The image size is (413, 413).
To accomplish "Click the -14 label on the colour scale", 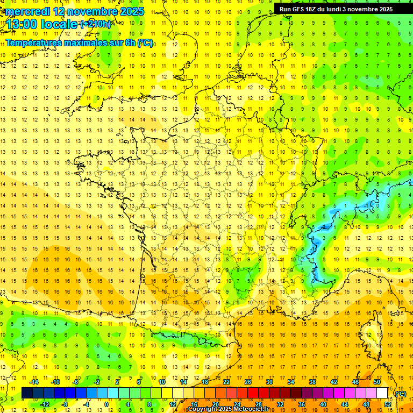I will [x=34, y=382].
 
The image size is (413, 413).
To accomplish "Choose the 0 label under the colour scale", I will [x=106, y=404].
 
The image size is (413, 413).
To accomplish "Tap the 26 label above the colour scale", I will [x=248, y=382].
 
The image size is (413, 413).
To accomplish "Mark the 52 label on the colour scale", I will [x=388, y=404].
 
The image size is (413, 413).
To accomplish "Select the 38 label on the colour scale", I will [x=312, y=382].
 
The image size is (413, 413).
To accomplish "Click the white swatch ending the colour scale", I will [x=382, y=393].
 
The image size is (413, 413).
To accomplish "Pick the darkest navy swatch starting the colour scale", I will [x=27, y=393].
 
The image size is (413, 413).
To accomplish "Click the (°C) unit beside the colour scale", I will [x=401, y=394].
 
